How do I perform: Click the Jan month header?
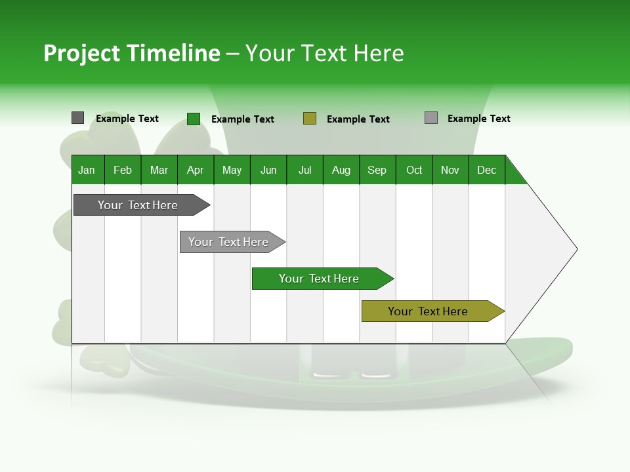point(87,170)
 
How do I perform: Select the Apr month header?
point(196,170)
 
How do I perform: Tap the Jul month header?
point(304,170)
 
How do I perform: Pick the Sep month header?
point(377,170)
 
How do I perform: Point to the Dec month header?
point(486,170)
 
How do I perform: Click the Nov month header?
point(450,170)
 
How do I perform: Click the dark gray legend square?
point(77,118)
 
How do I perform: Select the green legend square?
point(193,119)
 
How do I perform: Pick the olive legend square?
point(310,119)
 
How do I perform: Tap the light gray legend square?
point(431,118)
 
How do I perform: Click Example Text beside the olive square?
point(358,119)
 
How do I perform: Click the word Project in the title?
point(81,53)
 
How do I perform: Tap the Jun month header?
point(268,170)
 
